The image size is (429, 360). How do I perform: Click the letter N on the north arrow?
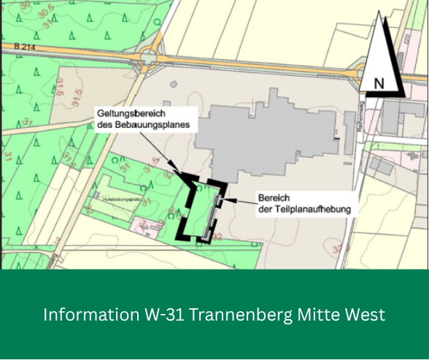click(x=379, y=83)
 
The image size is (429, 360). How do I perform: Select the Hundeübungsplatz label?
click(x=121, y=198)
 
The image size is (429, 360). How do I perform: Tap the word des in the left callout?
click(x=105, y=125)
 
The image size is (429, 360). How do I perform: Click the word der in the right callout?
click(x=266, y=209)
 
